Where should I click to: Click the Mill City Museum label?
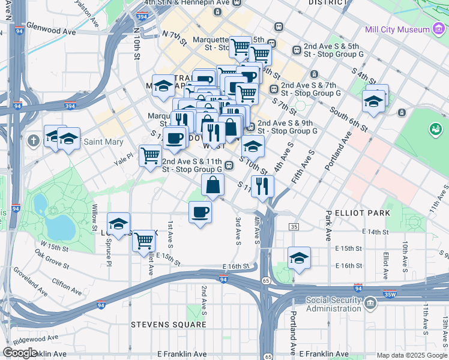point(397,29)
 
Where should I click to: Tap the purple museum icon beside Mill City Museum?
point(439,29)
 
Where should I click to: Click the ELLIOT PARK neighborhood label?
point(363,213)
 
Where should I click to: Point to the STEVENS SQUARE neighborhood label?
point(169,325)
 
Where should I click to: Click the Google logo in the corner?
point(20,353)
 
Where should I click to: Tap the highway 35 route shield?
point(294,226)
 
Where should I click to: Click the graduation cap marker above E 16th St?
point(299,257)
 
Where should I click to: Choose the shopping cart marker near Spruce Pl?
point(143,241)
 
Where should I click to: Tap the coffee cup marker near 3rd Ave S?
point(200,212)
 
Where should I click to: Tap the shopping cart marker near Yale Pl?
point(150,155)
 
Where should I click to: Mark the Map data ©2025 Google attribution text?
point(412,355)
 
